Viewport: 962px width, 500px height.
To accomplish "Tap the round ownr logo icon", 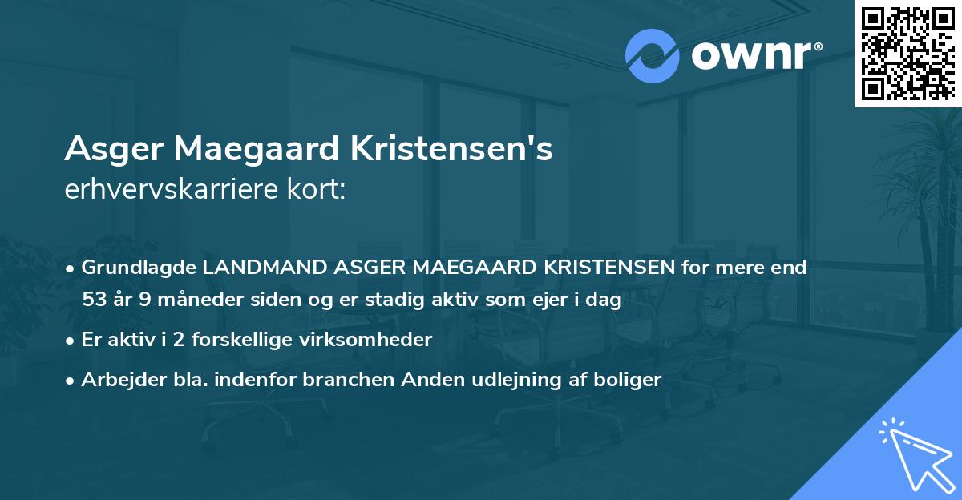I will pyautogui.click(x=653, y=55).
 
